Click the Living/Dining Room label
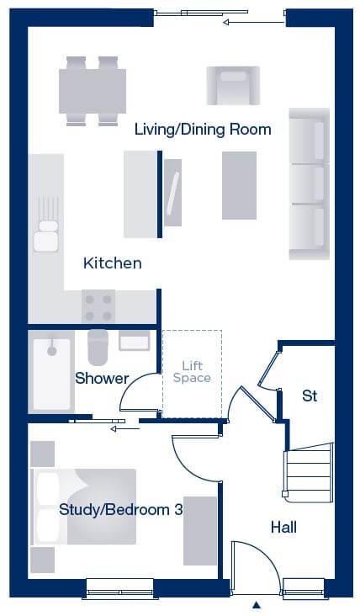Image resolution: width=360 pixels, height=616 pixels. [203, 130]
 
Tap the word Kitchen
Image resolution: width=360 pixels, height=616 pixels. [112, 263]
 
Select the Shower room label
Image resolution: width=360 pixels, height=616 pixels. [102, 379]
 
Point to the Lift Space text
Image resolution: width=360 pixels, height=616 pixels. [192, 372]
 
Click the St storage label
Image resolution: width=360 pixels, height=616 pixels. [310, 396]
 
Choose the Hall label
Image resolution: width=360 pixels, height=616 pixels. [283, 527]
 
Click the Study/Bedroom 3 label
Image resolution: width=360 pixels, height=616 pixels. [121, 510]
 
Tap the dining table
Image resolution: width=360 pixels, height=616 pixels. [93, 91]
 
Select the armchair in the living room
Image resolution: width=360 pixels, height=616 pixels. [233, 85]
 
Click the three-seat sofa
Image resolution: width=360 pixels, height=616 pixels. [310, 183]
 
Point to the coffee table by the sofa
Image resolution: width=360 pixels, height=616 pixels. [239, 185]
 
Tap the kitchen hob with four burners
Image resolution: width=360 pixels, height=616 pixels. [98, 306]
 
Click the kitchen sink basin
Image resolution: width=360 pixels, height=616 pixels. [46, 242]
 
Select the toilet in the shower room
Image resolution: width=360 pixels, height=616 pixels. [98, 348]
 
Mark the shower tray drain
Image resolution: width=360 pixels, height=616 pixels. [52, 350]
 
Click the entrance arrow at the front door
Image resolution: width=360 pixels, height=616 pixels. [257, 604]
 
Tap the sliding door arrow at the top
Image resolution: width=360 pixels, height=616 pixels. [253, 23]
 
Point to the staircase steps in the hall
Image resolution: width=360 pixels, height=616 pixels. [309, 473]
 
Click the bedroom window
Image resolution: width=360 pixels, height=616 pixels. [119, 588]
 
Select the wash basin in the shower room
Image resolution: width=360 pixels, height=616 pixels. [135, 340]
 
